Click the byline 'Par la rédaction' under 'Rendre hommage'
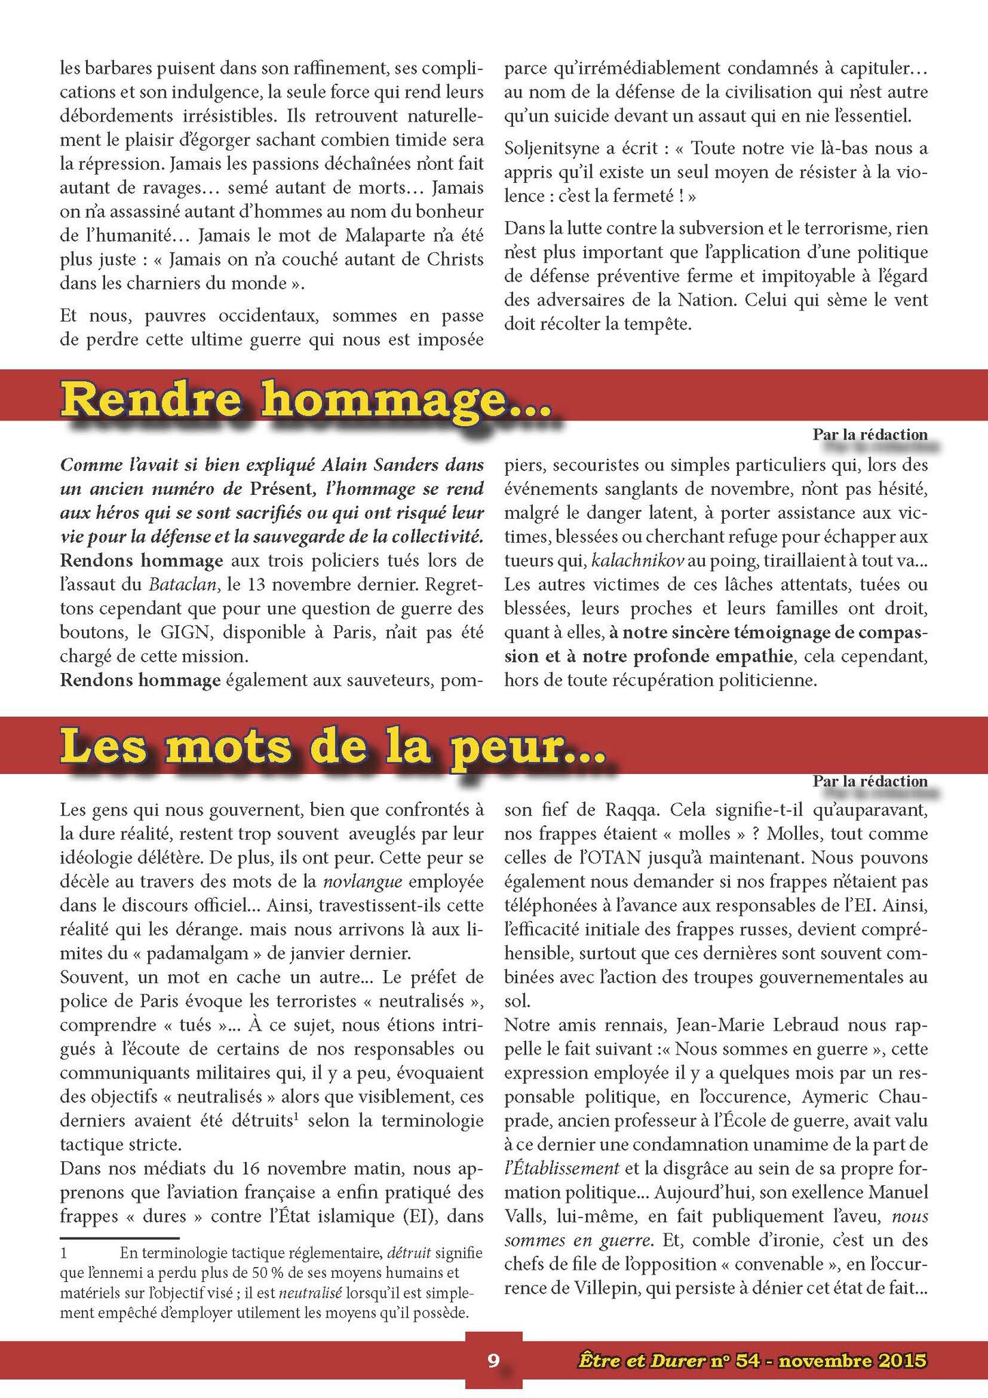coord(870,435)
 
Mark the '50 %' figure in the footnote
coord(358,1272)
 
